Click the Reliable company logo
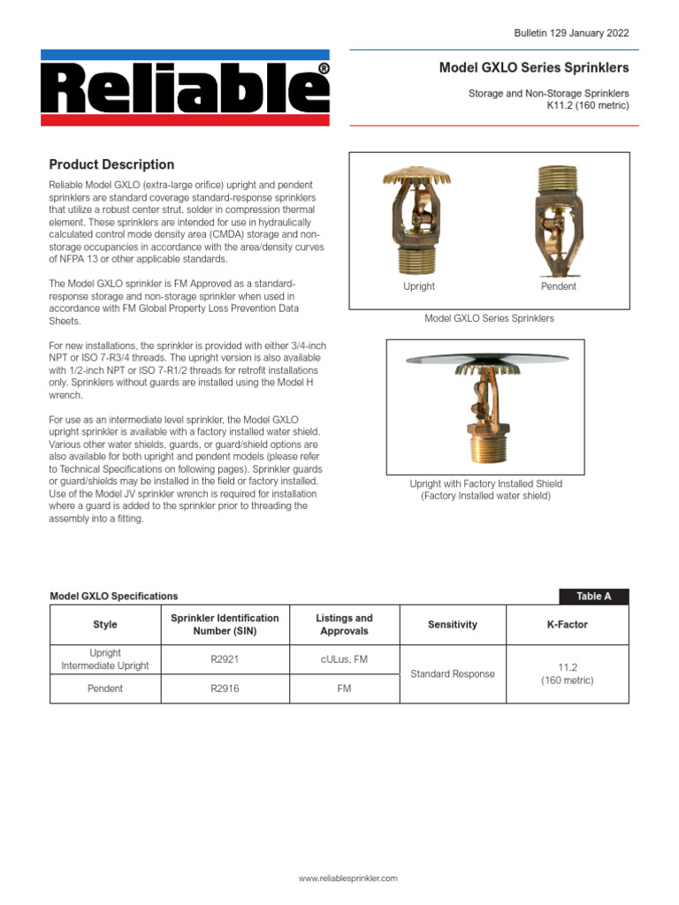tap(189, 87)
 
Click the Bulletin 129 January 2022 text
tap(571, 33)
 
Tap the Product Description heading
tap(111, 164)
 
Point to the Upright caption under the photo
tap(418, 286)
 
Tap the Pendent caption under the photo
tap(558, 286)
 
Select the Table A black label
tap(593, 596)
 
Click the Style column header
tap(105, 625)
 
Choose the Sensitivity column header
tap(452, 625)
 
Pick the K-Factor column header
tap(567, 625)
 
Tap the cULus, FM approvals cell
tap(344, 658)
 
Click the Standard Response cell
tap(452, 673)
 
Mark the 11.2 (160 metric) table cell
tap(567, 673)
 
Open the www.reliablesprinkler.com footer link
tap(347, 878)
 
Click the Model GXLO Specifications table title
tap(113, 596)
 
